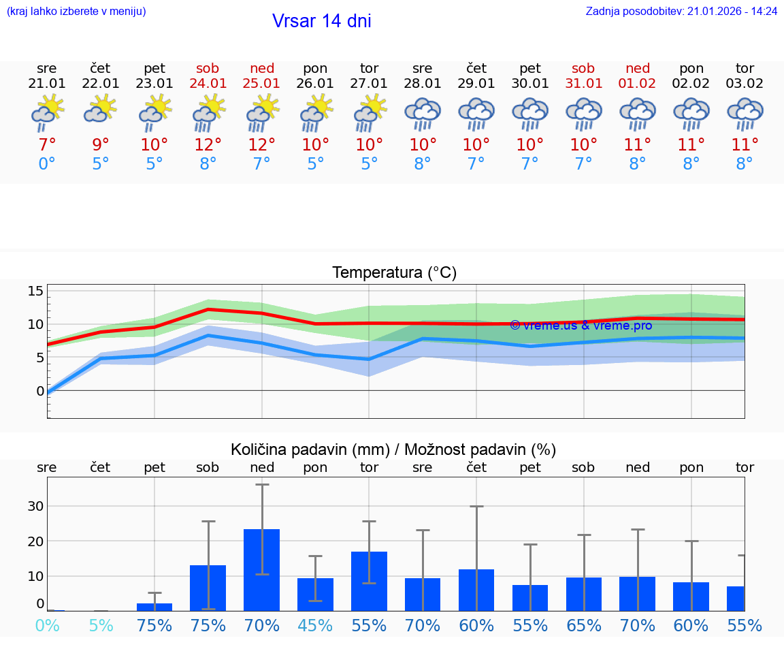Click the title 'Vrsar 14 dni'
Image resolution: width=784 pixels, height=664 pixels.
click(x=321, y=21)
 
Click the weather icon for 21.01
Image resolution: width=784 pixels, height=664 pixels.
click(x=47, y=113)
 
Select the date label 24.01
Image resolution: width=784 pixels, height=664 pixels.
click(x=208, y=83)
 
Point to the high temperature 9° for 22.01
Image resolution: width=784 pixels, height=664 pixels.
click(x=101, y=145)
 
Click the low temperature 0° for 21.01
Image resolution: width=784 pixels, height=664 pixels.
click(x=47, y=164)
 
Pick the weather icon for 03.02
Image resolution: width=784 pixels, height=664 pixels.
click(x=745, y=113)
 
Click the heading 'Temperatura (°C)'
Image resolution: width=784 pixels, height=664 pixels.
click(x=394, y=273)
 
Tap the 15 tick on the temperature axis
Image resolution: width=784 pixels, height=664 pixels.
click(x=35, y=291)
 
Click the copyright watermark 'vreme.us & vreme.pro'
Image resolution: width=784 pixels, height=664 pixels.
click(x=581, y=326)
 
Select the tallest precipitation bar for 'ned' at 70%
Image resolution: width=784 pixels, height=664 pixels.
click(x=262, y=569)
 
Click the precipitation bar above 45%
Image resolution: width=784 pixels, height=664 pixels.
click(x=316, y=594)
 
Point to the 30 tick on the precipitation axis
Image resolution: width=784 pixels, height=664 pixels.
click(x=35, y=506)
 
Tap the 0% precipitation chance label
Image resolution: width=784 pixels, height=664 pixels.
click(x=47, y=625)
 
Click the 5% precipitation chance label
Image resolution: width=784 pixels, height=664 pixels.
click(x=101, y=625)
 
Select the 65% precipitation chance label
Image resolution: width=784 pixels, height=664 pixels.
click(x=584, y=625)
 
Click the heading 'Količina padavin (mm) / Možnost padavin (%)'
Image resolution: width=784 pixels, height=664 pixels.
click(x=393, y=449)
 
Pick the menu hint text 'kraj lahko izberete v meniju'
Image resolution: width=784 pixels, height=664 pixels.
click(x=76, y=12)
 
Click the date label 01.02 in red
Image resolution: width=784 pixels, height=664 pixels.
click(x=638, y=83)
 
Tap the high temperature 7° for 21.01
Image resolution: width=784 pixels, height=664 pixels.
click(x=47, y=145)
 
